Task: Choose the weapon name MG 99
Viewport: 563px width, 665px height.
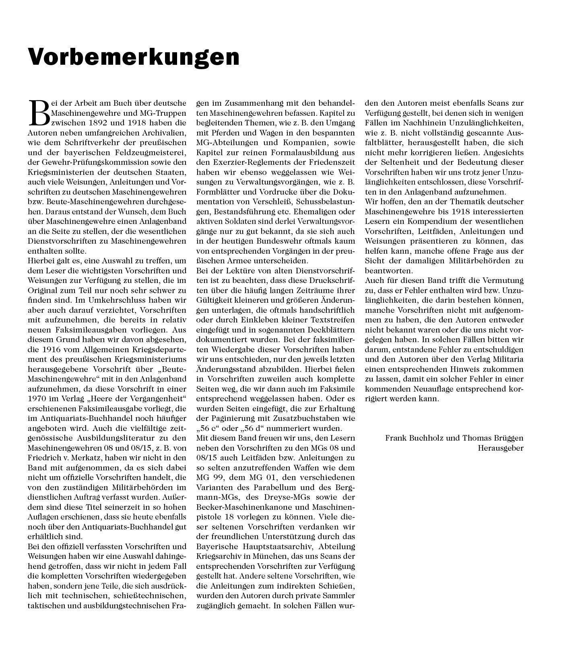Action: pos(209,478)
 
